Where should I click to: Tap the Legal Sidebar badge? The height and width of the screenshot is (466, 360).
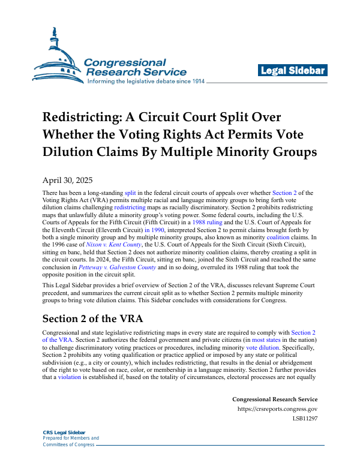(x=293, y=71)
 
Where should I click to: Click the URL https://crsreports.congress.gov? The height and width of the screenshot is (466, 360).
(x=277, y=410)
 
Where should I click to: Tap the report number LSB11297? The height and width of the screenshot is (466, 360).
(x=305, y=419)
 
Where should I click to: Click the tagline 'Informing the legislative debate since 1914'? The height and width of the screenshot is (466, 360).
(x=146, y=81)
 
